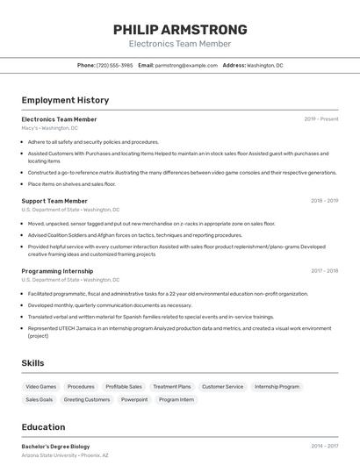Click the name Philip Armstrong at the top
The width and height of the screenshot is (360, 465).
tap(180, 29)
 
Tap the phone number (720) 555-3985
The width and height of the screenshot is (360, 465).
tap(115, 65)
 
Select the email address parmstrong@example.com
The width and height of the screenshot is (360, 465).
tap(186, 65)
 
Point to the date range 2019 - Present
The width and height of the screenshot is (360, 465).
tap(321, 119)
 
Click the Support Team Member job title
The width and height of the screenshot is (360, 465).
tap(54, 201)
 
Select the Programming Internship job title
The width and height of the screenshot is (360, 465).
tap(57, 271)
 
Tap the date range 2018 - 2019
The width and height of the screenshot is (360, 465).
tap(324, 201)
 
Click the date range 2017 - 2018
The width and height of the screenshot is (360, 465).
tap(324, 271)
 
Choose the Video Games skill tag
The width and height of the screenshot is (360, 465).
tap(41, 386)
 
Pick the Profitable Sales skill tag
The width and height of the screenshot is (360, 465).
tap(124, 386)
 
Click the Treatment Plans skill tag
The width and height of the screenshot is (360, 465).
tap(171, 386)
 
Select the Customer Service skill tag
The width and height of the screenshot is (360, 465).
tap(222, 386)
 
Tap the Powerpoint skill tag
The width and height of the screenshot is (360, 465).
tap(134, 399)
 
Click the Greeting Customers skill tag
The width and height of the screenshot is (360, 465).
tap(87, 399)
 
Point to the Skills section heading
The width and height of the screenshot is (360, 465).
tap(33, 362)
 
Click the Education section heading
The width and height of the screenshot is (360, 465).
tap(43, 426)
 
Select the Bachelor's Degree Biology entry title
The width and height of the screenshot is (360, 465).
tap(55, 447)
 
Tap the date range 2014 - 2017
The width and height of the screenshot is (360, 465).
tap(324, 447)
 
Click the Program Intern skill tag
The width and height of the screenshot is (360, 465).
tap(176, 399)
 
